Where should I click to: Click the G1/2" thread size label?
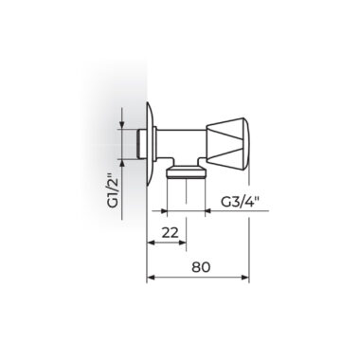coord(113,192)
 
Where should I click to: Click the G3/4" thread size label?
coord(239,202)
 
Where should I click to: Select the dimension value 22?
coord(171,233)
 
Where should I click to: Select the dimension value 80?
coord(201,267)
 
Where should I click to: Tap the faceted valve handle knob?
coord(227,142)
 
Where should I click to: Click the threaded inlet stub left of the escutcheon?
coord(141,144)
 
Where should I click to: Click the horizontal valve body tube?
coord(181,144)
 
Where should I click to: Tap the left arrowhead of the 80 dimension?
coord(151,278)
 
